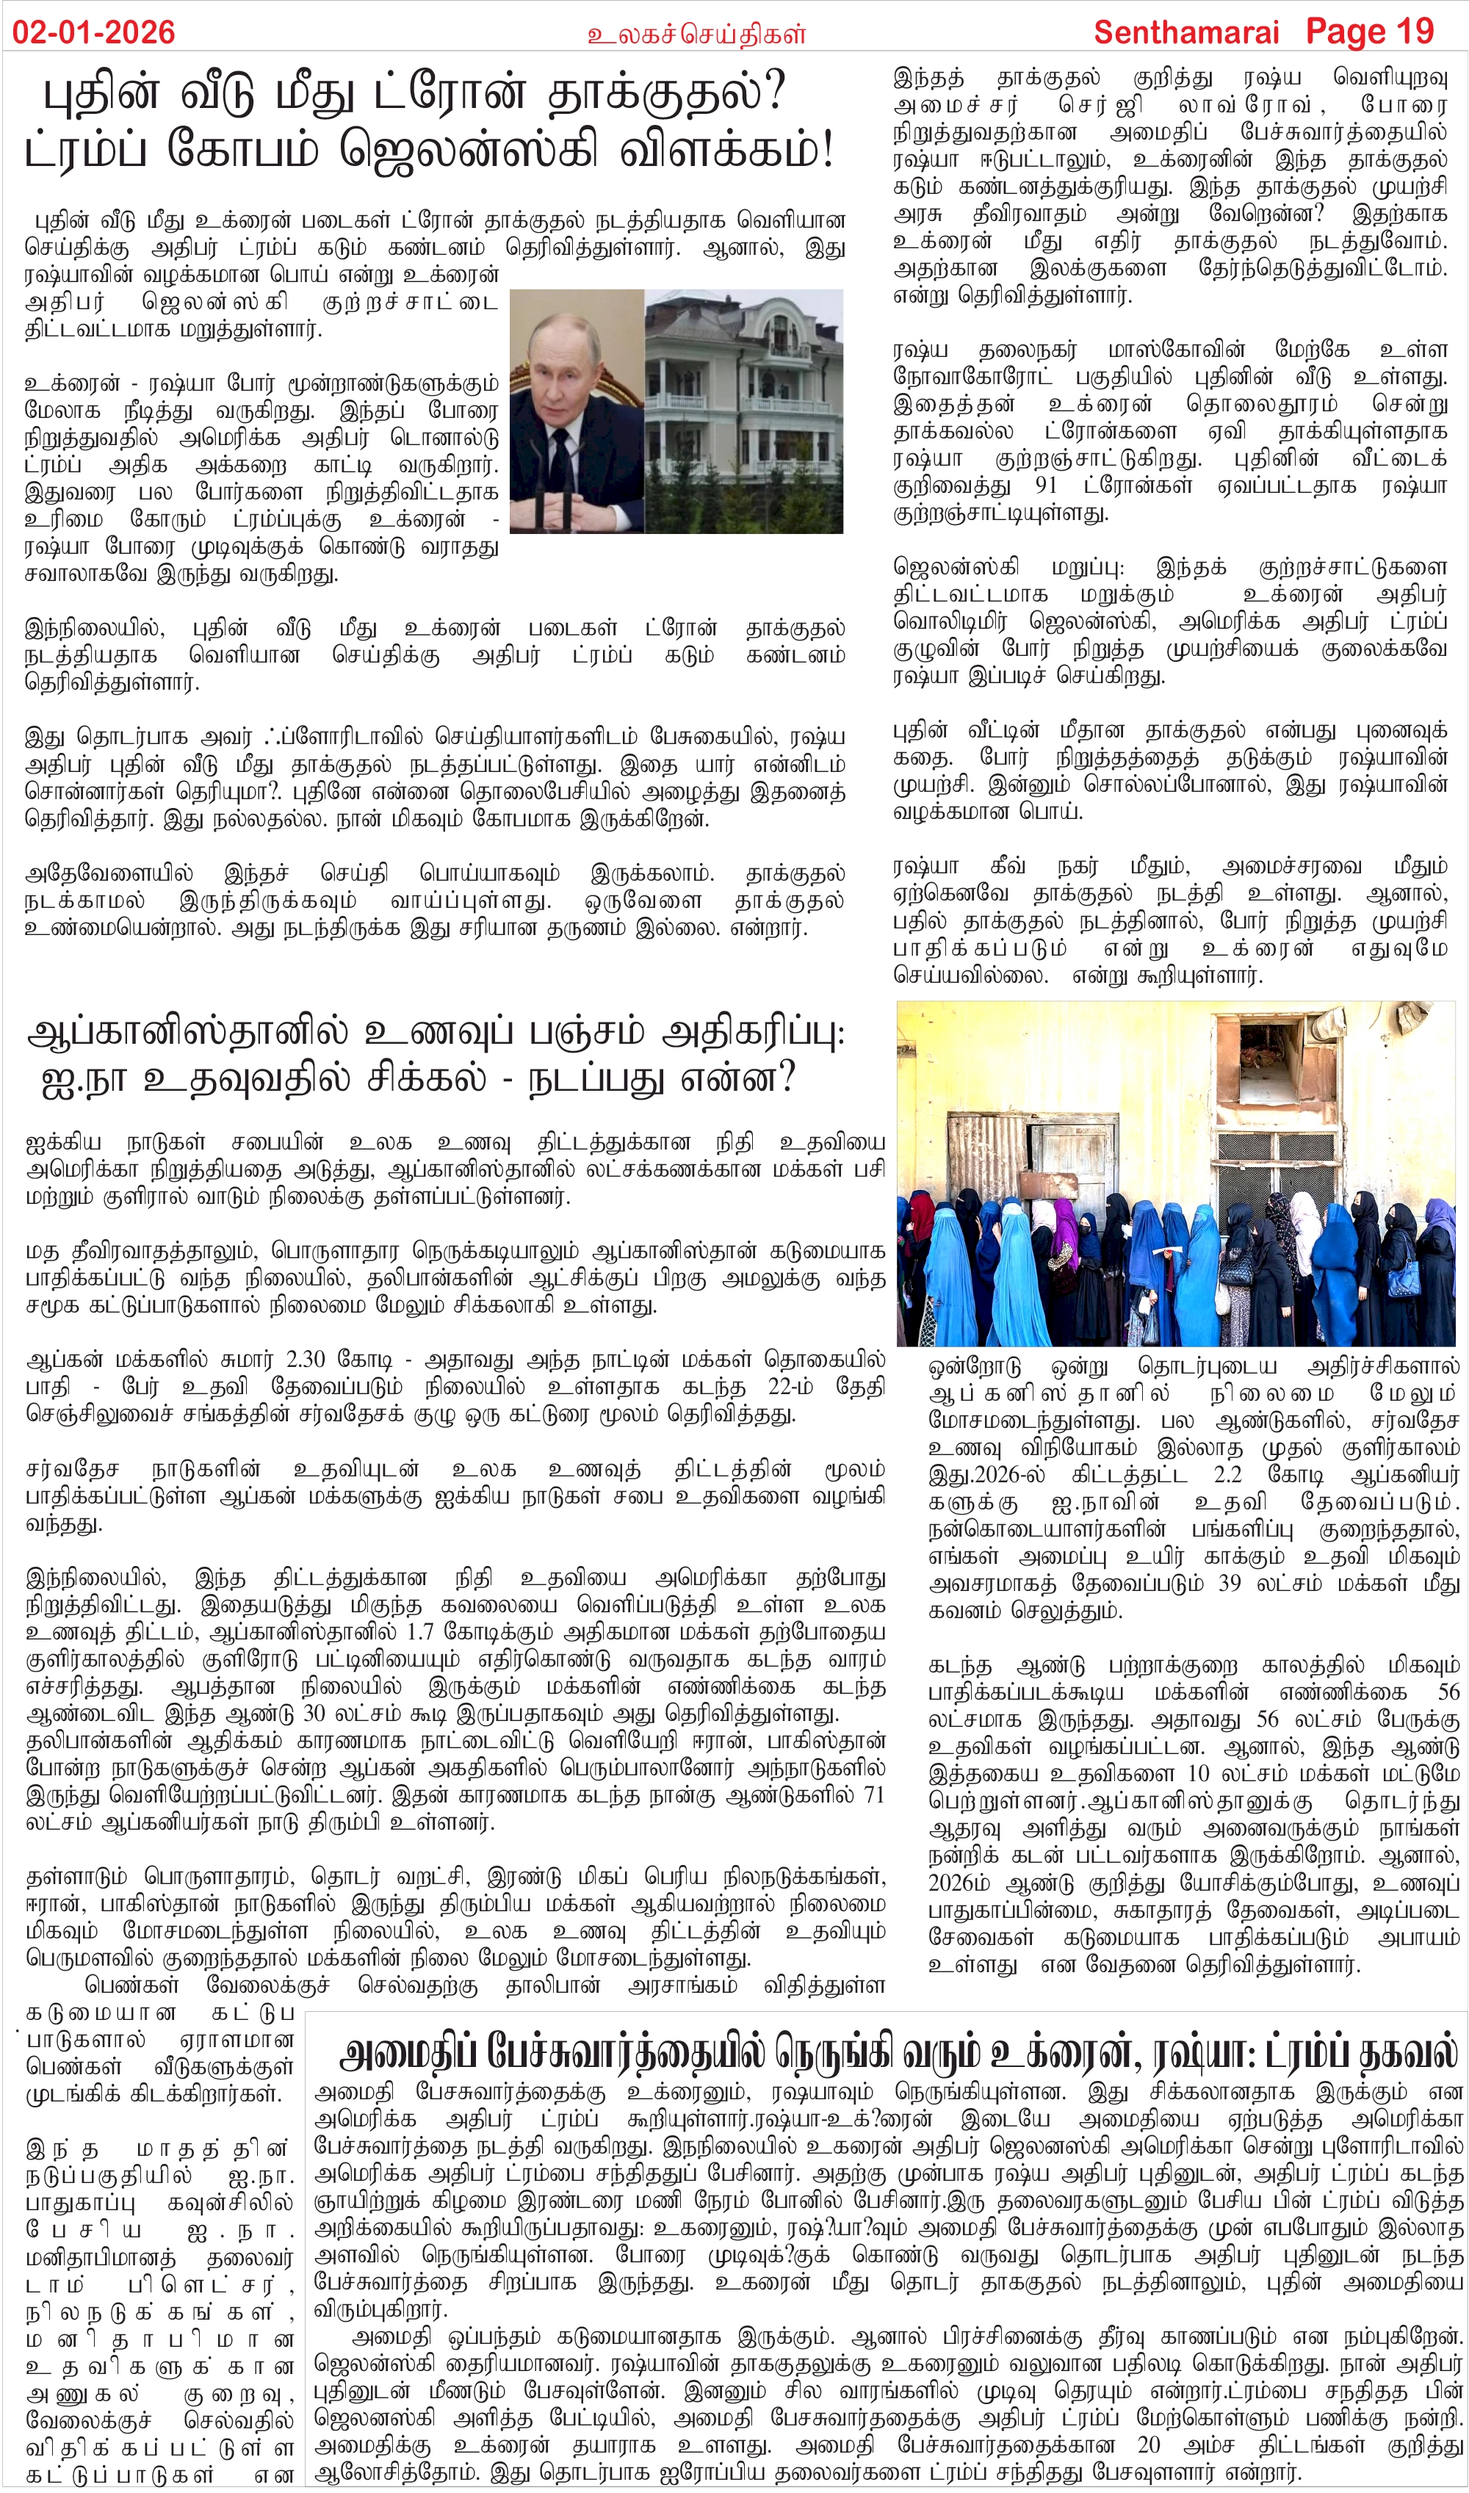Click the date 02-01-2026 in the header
(x=93, y=32)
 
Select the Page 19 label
(x=1369, y=32)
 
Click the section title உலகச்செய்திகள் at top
(x=696, y=35)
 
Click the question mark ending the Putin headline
(x=774, y=93)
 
